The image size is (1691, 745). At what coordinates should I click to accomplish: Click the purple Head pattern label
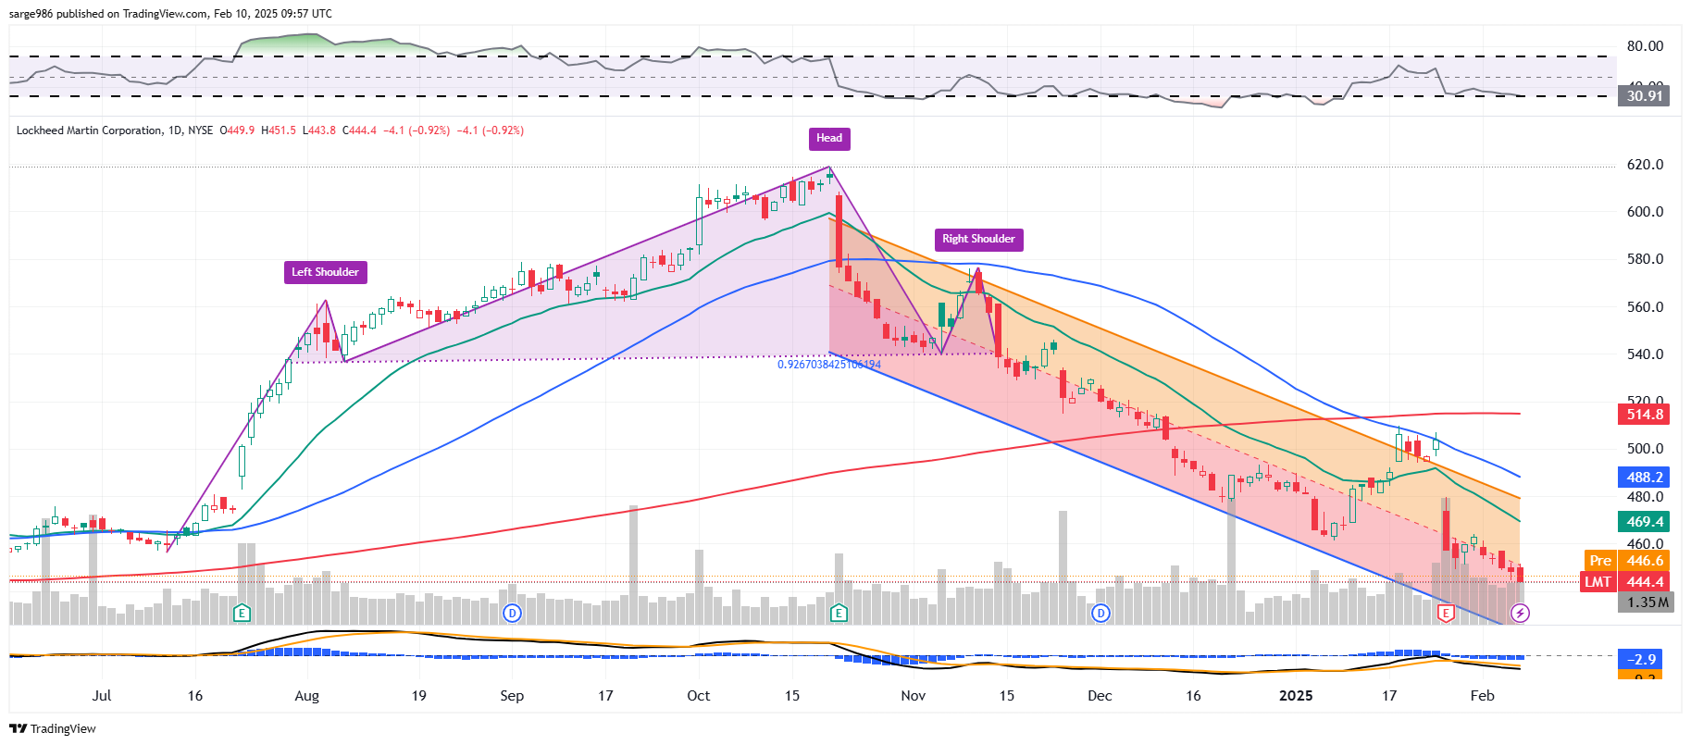829,139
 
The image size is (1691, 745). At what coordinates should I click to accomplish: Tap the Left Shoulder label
325,272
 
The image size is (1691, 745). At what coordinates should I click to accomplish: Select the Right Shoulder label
978,240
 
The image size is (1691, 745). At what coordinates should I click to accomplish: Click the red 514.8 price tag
1644,415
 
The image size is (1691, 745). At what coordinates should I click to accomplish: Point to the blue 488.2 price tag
1644,478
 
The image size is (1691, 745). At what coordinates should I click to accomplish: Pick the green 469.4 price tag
1644,522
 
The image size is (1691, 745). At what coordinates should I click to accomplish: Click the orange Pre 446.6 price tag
1626,561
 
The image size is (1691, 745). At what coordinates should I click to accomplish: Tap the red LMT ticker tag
1598,582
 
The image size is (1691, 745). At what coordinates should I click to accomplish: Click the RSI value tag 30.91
1644,96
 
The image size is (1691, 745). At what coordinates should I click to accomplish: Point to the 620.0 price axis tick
1645,165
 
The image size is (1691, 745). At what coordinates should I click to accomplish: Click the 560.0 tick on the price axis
1645,307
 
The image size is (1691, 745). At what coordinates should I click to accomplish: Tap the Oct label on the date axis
699,696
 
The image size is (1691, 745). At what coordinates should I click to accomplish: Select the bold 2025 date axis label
1296,696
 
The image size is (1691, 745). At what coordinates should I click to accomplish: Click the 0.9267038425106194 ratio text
829,365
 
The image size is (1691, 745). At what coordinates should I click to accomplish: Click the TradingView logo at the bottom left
54,729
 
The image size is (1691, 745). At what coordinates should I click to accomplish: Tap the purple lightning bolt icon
1520,613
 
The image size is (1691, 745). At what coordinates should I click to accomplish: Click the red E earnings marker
1446,613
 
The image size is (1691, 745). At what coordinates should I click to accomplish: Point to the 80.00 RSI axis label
1645,46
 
